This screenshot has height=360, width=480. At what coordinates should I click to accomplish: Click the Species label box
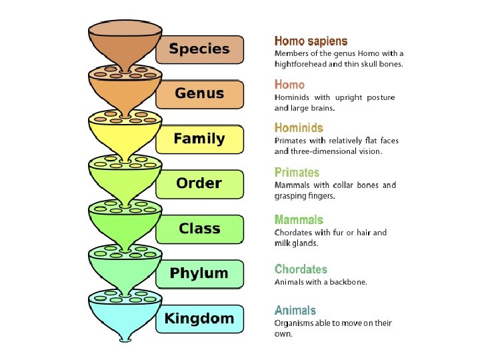(x=199, y=49)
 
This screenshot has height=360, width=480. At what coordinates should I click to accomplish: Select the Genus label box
(x=199, y=94)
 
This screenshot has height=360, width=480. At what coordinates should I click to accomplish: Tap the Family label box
(x=199, y=139)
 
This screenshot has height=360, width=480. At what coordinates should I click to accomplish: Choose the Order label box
(x=199, y=183)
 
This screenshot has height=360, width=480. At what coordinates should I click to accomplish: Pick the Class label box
(x=199, y=229)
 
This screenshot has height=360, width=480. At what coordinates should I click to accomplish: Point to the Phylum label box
(x=199, y=273)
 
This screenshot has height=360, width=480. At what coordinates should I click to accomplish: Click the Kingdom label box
(x=199, y=319)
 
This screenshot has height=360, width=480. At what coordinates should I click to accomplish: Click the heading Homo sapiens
(x=311, y=41)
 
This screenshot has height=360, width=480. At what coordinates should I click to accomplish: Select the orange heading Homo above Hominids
(x=289, y=85)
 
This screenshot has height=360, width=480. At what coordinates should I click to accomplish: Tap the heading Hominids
(x=299, y=128)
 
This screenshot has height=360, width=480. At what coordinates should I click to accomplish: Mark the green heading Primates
(x=297, y=173)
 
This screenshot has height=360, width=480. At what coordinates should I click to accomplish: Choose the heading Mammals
(x=299, y=219)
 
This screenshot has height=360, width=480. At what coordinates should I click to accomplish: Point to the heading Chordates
(x=301, y=269)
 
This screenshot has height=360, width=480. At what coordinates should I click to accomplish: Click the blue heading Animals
(x=295, y=310)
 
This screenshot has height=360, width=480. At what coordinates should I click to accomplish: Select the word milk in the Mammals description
(x=283, y=243)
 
